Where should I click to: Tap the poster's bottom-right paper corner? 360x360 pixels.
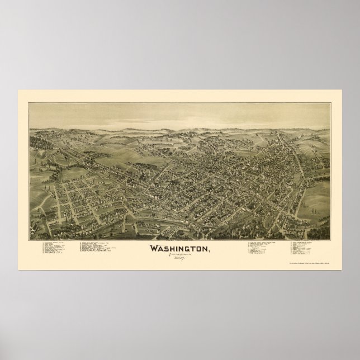(333, 269)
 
